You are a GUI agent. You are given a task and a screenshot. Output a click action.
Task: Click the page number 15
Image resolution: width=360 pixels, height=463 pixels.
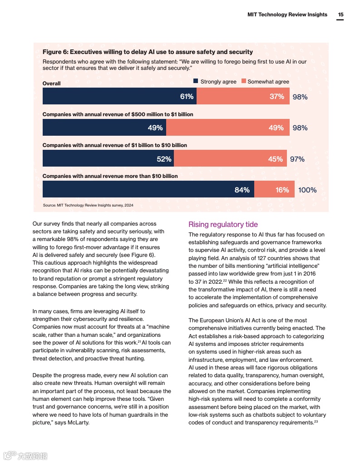click(x=340, y=15)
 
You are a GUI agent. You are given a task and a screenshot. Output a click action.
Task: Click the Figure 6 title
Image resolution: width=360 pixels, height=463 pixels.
click(x=148, y=52)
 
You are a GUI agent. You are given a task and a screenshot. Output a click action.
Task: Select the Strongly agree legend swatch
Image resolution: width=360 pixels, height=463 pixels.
click(x=196, y=81)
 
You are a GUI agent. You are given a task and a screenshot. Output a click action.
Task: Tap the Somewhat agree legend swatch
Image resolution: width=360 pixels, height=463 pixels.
click(x=243, y=81)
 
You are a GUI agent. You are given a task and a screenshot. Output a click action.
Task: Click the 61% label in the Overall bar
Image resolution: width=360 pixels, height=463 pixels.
click(x=187, y=96)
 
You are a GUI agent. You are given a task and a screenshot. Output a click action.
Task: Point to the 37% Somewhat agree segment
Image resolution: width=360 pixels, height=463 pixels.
click(x=243, y=96)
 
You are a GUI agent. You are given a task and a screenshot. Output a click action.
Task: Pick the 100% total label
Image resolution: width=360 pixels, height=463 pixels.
click(x=307, y=190)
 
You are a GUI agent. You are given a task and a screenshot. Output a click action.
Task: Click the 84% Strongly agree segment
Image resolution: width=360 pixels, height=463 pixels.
click(x=148, y=189)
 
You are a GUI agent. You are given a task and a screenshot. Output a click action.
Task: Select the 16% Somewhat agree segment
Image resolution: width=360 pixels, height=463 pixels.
click(x=274, y=189)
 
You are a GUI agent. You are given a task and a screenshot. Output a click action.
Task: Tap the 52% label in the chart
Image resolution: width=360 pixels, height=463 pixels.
click(x=164, y=159)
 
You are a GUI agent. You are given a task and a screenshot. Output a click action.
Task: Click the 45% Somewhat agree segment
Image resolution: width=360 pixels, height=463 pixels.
click(x=230, y=158)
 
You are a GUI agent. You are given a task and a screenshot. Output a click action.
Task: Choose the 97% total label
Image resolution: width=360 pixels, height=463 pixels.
click(x=297, y=159)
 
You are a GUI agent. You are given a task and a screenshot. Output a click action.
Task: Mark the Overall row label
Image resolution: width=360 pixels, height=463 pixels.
click(x=51, y=84)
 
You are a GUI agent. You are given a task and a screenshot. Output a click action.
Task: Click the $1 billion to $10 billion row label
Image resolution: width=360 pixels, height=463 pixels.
click(x=114, y=145)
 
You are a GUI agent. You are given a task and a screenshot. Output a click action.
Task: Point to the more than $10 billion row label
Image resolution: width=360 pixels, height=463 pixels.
click(x=110, y=176)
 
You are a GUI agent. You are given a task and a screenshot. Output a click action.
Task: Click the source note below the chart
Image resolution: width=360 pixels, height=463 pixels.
click(x=88, y=205)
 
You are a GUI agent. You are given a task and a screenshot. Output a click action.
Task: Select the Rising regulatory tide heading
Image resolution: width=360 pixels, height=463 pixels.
click(x=223, y=224)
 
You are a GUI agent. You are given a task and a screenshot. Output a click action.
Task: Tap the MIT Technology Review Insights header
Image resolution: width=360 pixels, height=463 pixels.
click(x=287, y=15)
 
